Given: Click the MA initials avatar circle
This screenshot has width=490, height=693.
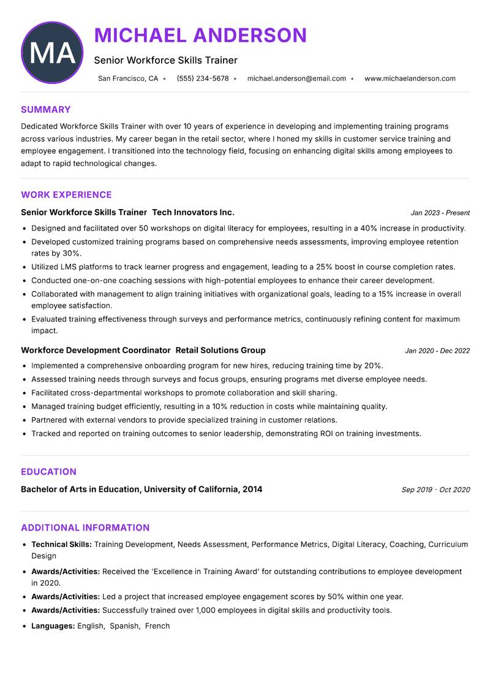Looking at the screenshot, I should pos(52,53).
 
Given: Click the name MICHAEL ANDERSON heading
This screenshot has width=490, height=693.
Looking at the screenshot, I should pos(200,36).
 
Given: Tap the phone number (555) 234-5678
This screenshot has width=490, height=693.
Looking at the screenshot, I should pos(202,78).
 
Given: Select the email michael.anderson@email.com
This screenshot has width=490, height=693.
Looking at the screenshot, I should pos(296,78).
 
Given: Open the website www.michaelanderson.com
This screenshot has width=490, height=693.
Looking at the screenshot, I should pos(410,78).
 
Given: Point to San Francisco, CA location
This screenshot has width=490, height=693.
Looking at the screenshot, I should pos(128,78).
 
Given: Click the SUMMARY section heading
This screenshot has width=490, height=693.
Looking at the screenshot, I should pos(46,110).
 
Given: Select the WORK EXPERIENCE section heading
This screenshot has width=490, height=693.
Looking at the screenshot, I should pos(66,195).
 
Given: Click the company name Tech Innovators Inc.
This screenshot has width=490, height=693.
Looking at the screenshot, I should pos(193,212).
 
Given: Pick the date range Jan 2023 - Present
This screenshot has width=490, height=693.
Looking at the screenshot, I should pos(440,213).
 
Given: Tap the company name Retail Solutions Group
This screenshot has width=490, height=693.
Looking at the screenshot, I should pos(221,350).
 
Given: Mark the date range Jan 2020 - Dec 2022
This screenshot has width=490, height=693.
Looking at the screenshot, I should pos(437,351).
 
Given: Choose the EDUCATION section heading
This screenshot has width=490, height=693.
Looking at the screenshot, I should pos(48,472).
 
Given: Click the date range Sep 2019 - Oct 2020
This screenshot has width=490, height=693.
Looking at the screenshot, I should pos(435,490).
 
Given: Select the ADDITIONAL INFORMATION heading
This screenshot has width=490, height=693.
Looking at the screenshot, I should pos(85,527).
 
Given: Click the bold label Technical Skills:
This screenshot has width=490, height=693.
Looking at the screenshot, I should pos(61,544).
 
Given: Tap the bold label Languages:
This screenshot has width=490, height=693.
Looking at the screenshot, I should pos(53,626).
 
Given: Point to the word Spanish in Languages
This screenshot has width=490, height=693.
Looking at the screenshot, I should pos(124,626).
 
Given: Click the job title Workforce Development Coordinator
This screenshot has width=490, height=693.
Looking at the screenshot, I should pos(96,350).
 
